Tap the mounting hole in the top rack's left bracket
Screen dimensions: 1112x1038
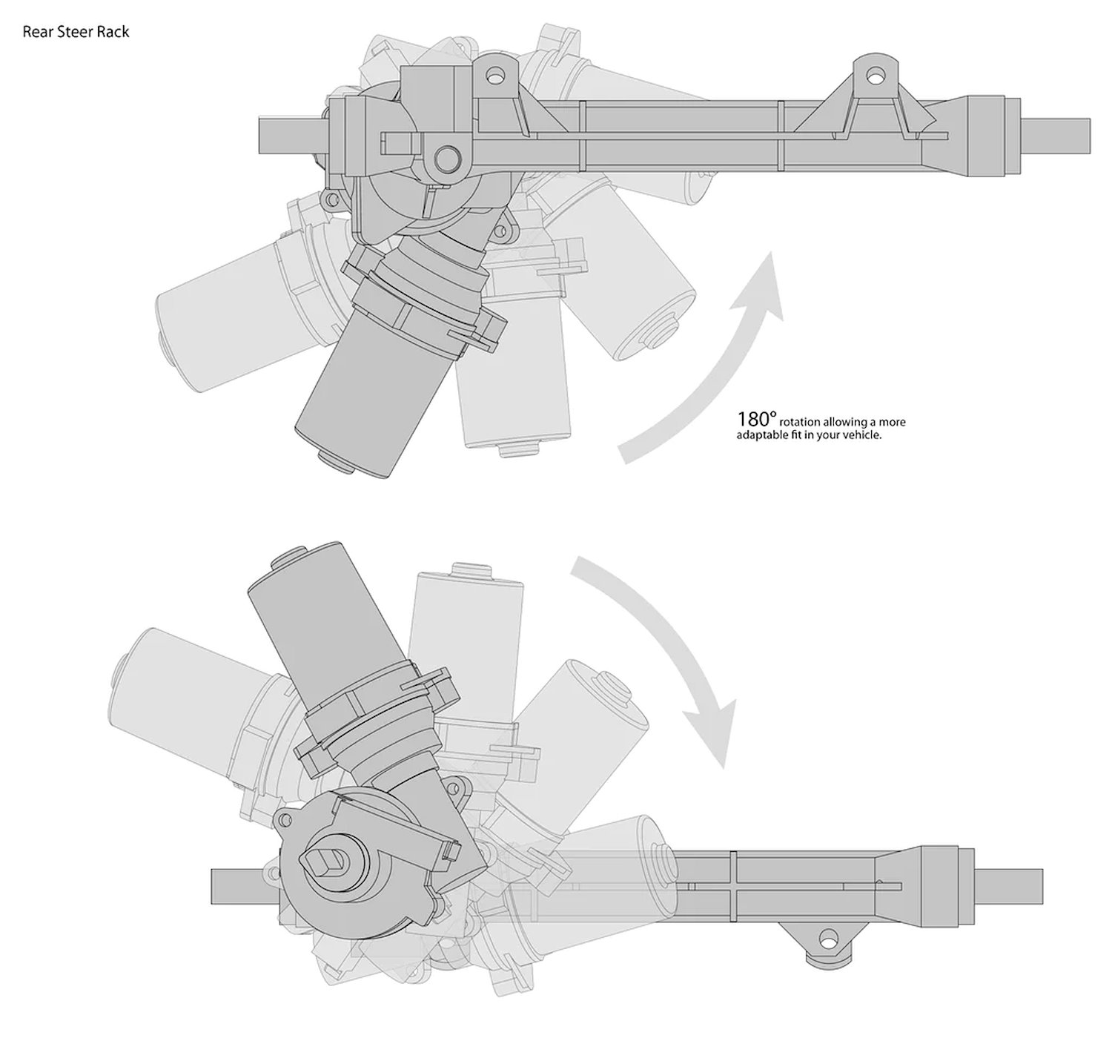[x=495, y=74]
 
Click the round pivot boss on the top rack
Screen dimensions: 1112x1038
[x=447, y=158]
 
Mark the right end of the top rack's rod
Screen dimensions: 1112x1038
[x=1090, y=136]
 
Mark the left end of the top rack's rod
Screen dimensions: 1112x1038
[x=259, y=135]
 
